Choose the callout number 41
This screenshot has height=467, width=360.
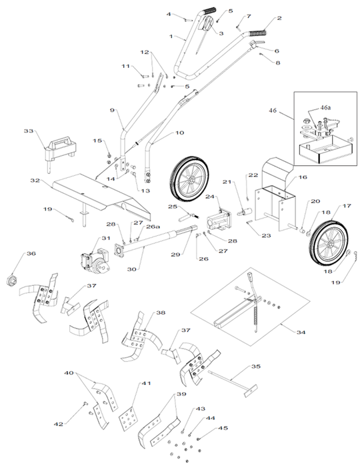[x=146, y=384]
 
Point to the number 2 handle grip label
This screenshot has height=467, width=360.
[x=279, y=19]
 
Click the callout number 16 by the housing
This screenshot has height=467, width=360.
[x=302, y=178]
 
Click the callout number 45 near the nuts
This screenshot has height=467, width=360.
[x=223, y=428]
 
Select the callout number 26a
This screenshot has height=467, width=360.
[x=153, y=226]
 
